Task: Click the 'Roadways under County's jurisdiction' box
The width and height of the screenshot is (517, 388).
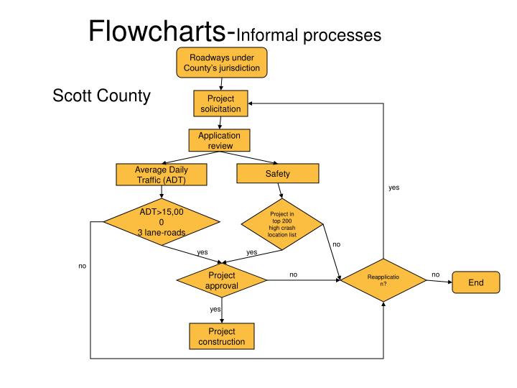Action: point(222,63)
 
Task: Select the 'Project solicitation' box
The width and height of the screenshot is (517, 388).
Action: point(220,103)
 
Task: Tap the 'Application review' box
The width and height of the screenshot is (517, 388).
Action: point(219,140)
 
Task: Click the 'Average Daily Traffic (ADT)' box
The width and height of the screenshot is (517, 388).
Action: point(162,175)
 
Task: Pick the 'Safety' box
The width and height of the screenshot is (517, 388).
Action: point(278,174)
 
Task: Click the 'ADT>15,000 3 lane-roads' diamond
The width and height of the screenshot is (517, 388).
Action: point(162,222)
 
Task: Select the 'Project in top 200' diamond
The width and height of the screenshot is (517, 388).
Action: point(282,224)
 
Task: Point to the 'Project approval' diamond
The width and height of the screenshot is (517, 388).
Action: point(222,280)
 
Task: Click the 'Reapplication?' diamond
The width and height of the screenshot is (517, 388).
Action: point(383,280)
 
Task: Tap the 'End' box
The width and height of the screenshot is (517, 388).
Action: point(476,282)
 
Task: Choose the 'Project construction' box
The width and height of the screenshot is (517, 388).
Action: point(222,336)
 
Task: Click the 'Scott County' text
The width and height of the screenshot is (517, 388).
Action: point(101,96)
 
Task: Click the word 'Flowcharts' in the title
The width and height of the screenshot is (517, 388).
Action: point(157,31)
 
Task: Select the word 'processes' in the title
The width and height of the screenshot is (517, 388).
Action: point(342,36)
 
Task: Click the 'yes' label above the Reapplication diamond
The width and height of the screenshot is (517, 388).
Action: point(393,188)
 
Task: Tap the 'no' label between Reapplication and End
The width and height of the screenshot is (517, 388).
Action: point(436,274)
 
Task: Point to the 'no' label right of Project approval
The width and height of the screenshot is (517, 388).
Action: point(293,274)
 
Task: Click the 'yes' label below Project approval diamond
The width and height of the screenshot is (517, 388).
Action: point(215,309)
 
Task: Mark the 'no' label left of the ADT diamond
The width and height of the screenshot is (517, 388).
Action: point(82,266)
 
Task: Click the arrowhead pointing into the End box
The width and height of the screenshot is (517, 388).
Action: point(450,282)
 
